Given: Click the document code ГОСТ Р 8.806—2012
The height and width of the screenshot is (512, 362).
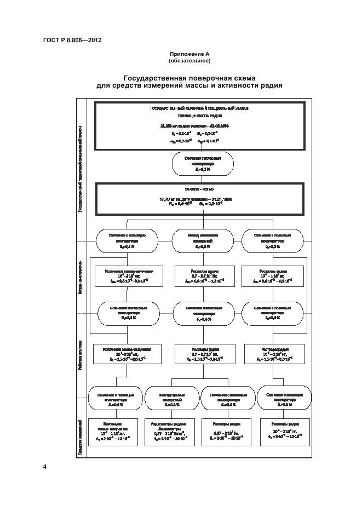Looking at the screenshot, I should point(71,40).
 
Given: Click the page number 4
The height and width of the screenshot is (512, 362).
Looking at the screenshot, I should point(45,467).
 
